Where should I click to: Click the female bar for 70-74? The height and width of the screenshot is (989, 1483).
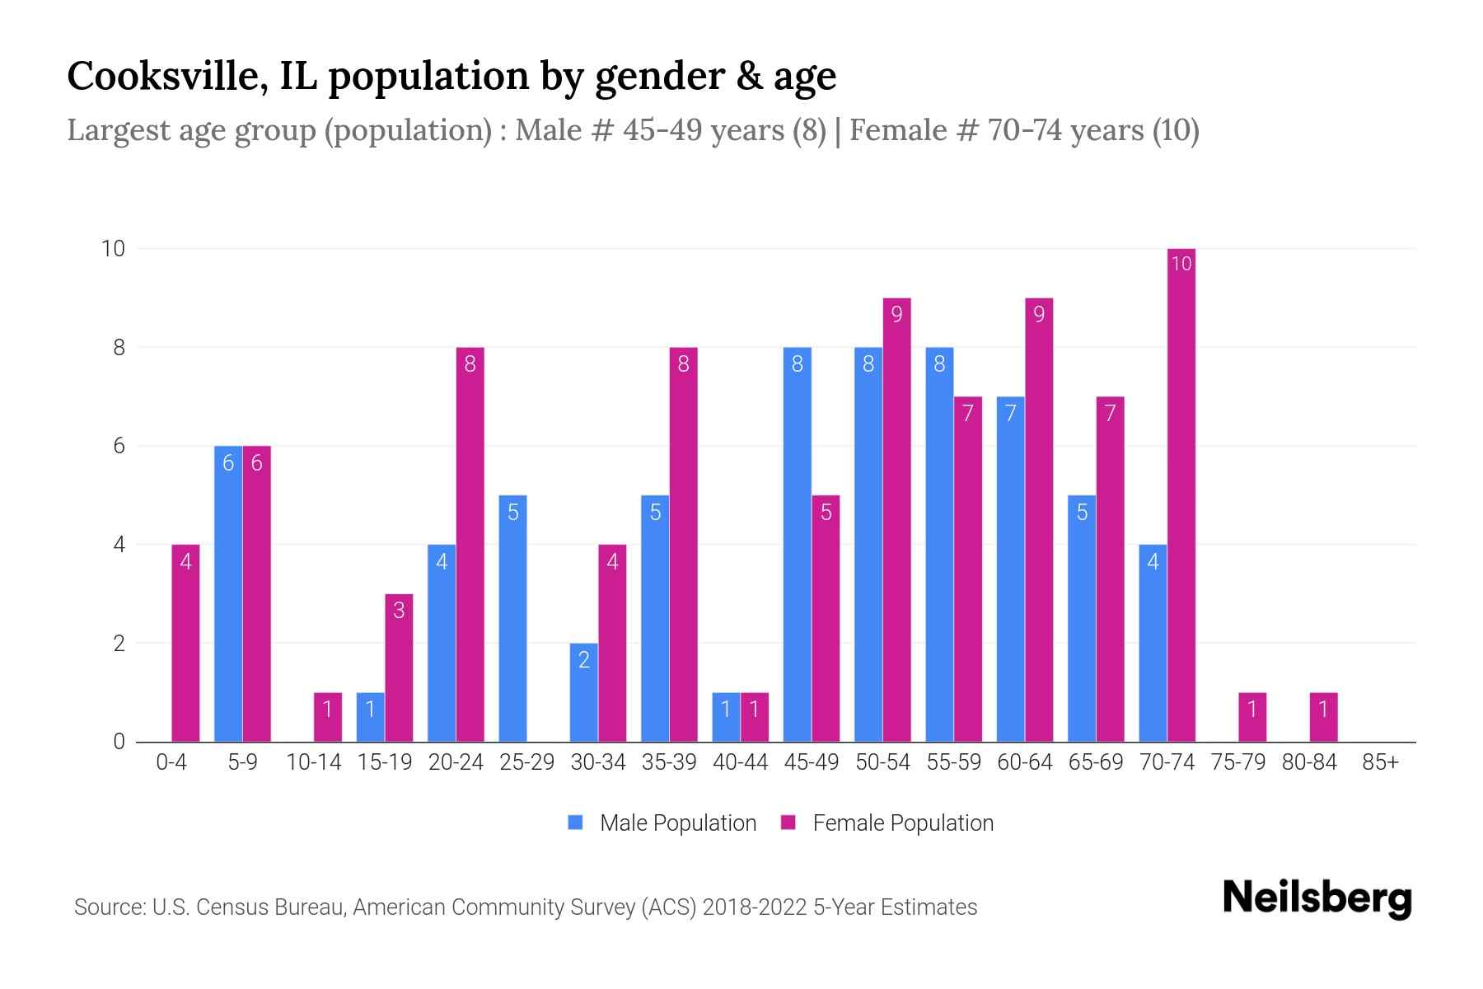click(1181, 494)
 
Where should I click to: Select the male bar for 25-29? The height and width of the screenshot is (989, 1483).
click(512, 618)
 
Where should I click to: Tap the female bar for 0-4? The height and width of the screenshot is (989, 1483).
click(185, 643)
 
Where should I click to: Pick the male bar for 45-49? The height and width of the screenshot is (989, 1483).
click(797, 544)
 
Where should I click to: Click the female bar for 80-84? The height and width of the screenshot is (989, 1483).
click(1323, 717)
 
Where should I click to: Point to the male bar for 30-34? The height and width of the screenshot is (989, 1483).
click(583, 692)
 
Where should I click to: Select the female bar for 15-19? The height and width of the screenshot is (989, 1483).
click(399, 668)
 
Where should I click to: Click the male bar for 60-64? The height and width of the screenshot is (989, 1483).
click(1010, 569)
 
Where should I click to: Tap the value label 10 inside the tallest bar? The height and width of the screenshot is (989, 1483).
click(1181, 264)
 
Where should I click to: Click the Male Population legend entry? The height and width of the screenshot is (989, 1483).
click(662, 823)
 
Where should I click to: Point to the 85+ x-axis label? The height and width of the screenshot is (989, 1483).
click(1380, 762)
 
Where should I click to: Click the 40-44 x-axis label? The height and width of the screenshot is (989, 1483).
click(740, 762)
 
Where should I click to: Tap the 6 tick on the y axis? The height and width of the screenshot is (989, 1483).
click(119, 446)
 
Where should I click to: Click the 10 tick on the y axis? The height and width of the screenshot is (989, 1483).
click(113, 248)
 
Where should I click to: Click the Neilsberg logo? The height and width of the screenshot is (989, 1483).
click(1317, 898)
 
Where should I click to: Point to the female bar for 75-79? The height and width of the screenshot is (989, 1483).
click(1251, 717)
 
